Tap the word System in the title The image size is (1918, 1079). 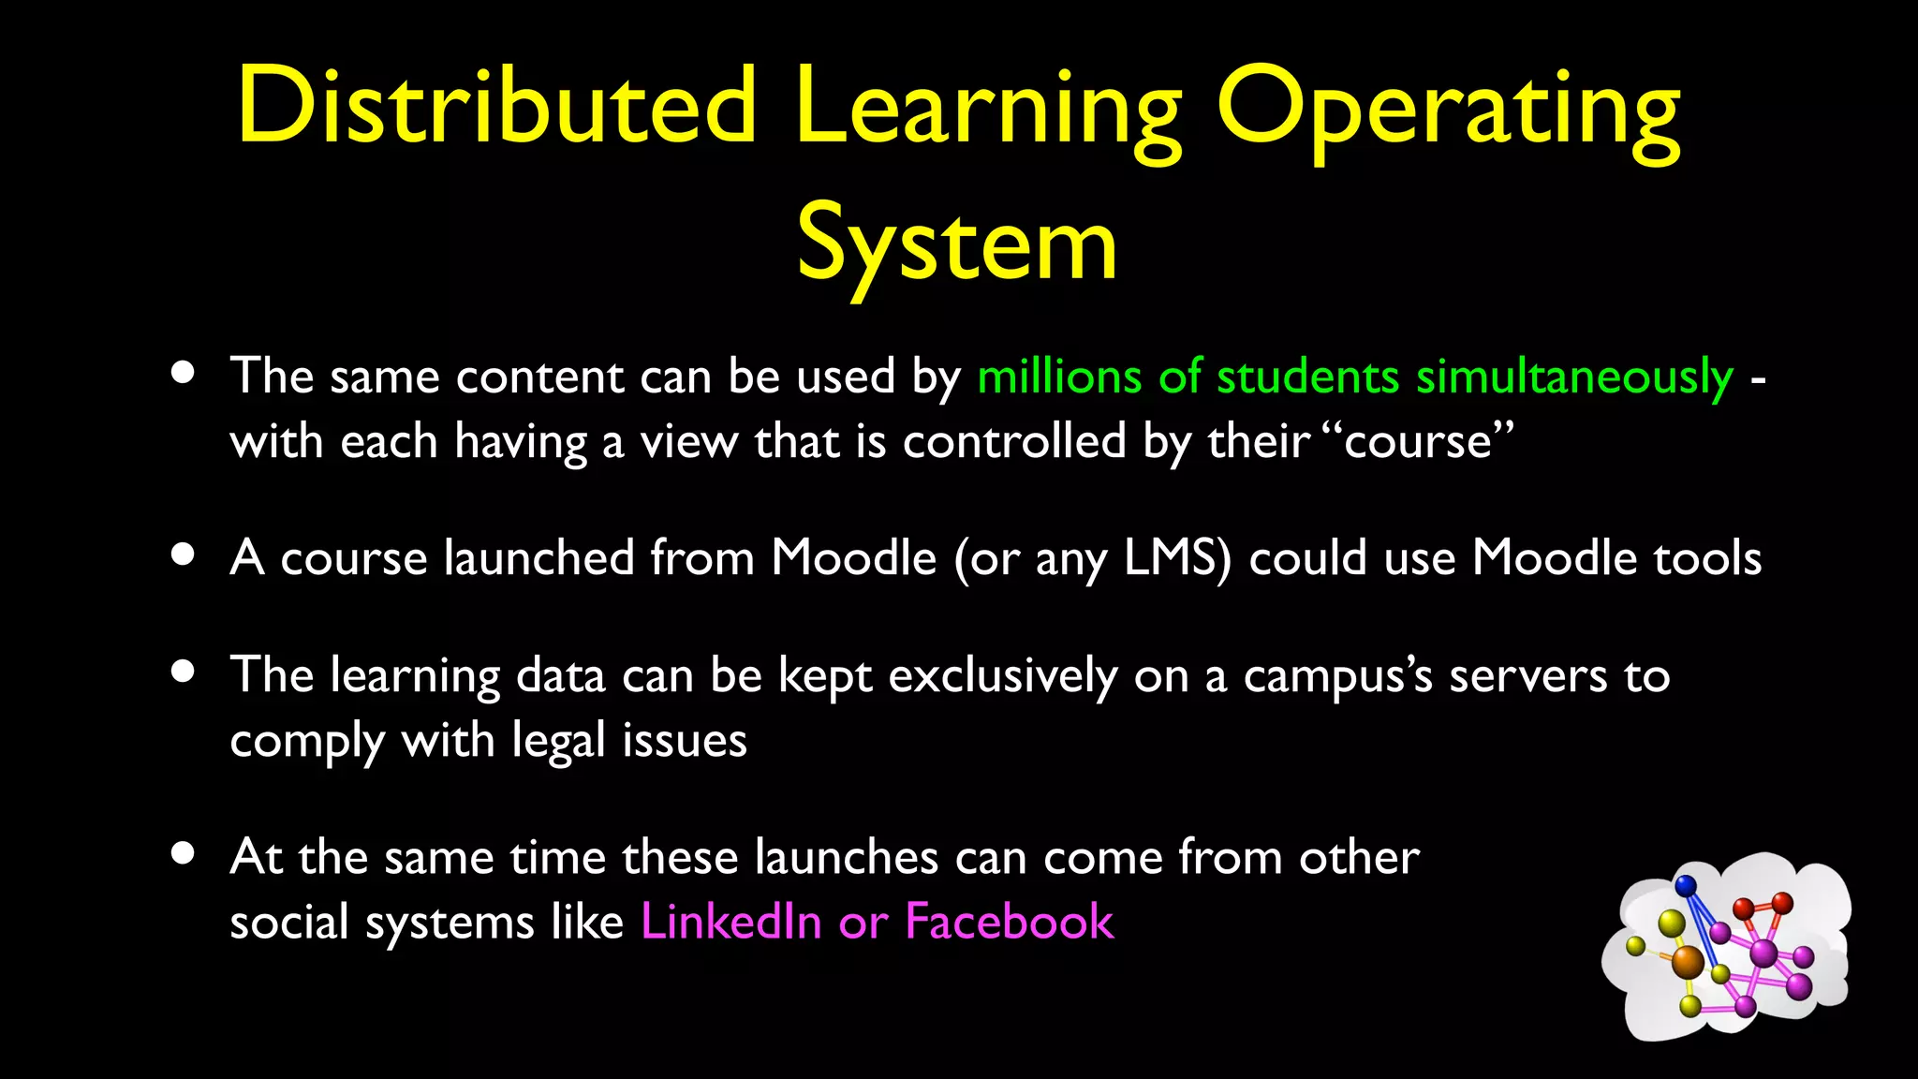tap(957, 245)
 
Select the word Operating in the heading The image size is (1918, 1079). tap(1448, 111)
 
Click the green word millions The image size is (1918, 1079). tap(1059, 377)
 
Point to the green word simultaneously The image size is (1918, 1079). tap(1574, 378)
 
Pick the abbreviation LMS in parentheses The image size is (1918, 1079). tap(1176, 558)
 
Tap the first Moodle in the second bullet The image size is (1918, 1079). tap(853, 558)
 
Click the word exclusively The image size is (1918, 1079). tap(1002, 676)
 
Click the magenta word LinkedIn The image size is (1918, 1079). tap(730, 922)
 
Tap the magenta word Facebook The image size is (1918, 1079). tap(1010, 922)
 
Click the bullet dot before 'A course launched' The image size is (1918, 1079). tap(184, 554)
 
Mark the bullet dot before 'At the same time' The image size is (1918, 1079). tap(184, 852)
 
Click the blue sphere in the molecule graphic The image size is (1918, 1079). tap(1686, 884)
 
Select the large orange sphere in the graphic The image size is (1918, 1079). tap(1688, 961)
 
